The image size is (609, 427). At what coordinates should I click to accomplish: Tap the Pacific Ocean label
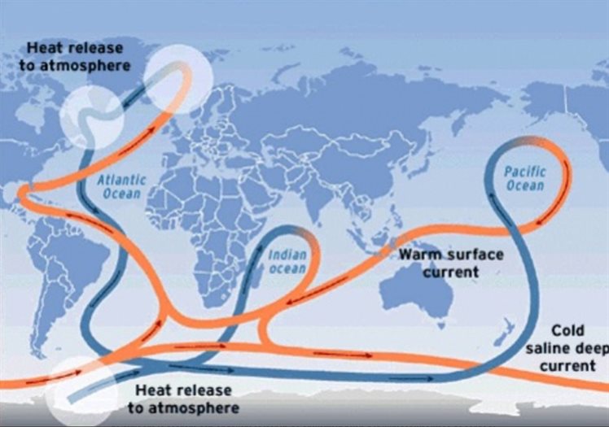pos(524,178)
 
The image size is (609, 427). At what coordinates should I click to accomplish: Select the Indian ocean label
pos(288,261)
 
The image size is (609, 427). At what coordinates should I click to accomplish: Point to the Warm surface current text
pos(450,263)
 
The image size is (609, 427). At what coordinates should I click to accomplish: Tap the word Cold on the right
pos(568,331)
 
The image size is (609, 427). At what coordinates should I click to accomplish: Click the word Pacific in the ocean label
pos(524,172)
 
